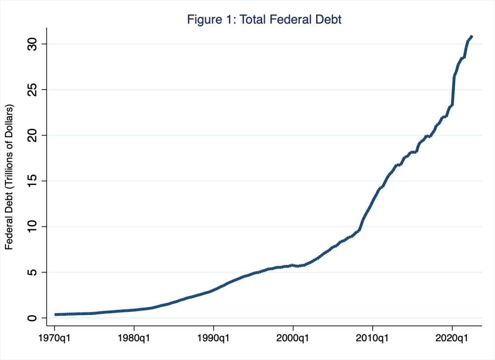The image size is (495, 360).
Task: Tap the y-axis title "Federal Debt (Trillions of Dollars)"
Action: tap(9, 177)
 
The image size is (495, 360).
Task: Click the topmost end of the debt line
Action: tap(472, 36)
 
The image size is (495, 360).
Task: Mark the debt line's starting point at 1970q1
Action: tap(56, 315)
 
